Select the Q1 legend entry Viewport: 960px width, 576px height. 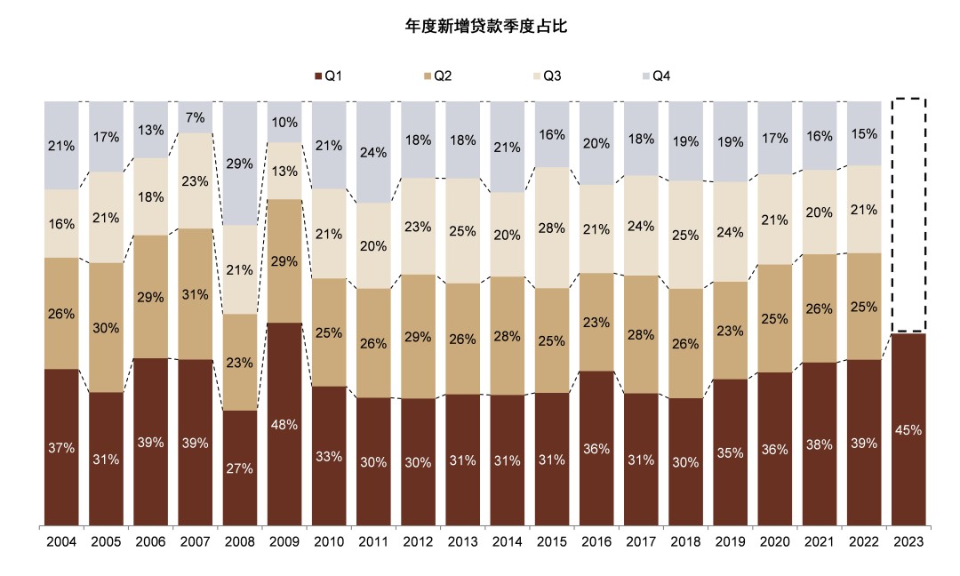pyautogui.click(x=329, y=76)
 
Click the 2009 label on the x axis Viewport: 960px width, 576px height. pyautogui.click(x=284, y=540)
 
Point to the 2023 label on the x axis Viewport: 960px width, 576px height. pyautogui.click(x=908, y=540)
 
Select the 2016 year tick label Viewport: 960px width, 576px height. pyautogui.click(x=596, y=540)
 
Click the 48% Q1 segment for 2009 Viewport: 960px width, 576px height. pyautogui.click(x=284, y=423)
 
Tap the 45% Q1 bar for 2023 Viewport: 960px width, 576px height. pyautogui.click(x=908, y=429)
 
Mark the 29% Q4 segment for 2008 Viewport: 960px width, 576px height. pyautogui.click(x=240, y=164)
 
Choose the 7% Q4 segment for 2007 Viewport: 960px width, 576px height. pyautogui.click(x=196, y=117)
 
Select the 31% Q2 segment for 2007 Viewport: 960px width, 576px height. pyautogui.click(x=196, y=294)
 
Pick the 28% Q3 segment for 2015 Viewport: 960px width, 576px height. pyautogui.click(x=552, y=228)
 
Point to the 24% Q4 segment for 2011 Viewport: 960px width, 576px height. pyautogui.click(x=373, y=152)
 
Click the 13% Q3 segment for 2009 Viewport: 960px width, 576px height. pyautogui.click(x=284, y=171)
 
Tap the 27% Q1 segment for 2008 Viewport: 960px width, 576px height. pyautogui.click(x=240, y=468)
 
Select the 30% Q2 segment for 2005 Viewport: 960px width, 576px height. pyautogui.click(x=106, y=327)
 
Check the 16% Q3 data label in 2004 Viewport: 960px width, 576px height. pyautogui.click(x=61, y=224)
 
